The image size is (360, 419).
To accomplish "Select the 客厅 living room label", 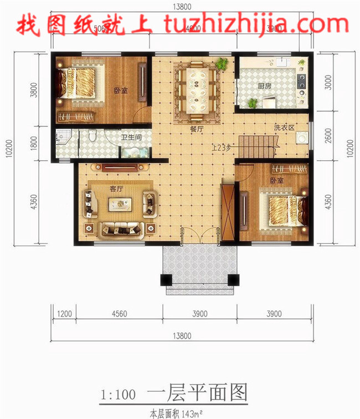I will click(x=116, y=188).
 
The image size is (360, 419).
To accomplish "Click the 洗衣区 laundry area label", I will click(x=283, y=127).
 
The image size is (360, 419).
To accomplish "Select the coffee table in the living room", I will click(x=120, y=205).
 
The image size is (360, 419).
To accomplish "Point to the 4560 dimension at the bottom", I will click(x=119, y=313).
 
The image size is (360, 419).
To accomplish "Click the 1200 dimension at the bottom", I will click(x=65, y=313).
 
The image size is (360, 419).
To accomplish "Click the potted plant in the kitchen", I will click(x=253, y=103).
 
